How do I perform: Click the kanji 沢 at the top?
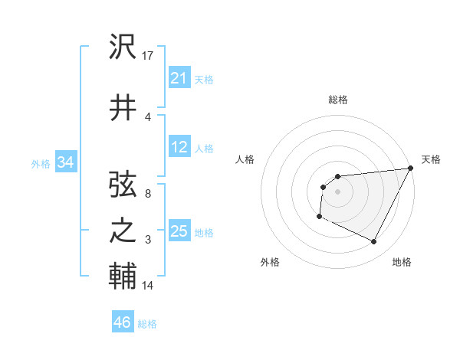(123, 48)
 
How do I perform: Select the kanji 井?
(123, 108)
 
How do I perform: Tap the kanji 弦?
(123, 185)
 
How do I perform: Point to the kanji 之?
(123, 232)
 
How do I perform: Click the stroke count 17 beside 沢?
(149, 55)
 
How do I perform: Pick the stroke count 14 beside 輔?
(148, 286)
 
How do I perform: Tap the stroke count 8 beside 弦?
(148, 194)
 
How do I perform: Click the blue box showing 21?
(179, 78)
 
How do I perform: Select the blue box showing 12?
(179, 148)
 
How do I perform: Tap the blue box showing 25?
(179, 232)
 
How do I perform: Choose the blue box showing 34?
(65, 162)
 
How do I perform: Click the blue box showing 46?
(122, 322)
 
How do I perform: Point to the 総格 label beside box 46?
(147, 324)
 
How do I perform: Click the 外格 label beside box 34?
(41, 164)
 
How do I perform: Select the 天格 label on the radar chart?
(431, 159)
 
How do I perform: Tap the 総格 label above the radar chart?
(338, 100)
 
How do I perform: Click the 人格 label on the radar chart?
(245, 159)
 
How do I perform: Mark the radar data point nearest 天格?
(410, 168)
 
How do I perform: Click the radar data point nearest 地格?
(374, 242)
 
